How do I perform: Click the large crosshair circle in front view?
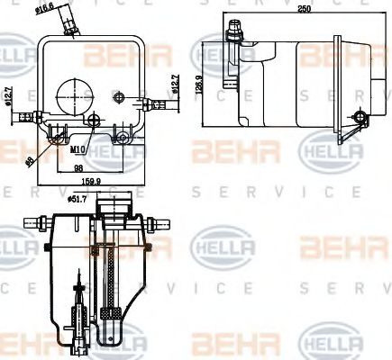click(73, 93)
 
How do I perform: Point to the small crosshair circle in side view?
click(361, 118)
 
